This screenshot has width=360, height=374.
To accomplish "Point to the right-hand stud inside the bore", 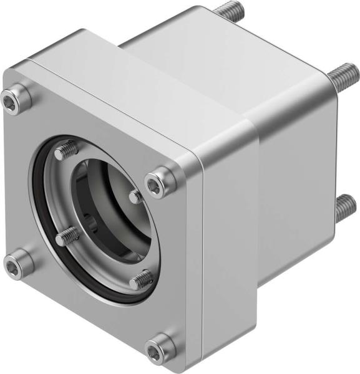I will pos(136,196).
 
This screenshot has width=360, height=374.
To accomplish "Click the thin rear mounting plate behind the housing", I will pos(334,143).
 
